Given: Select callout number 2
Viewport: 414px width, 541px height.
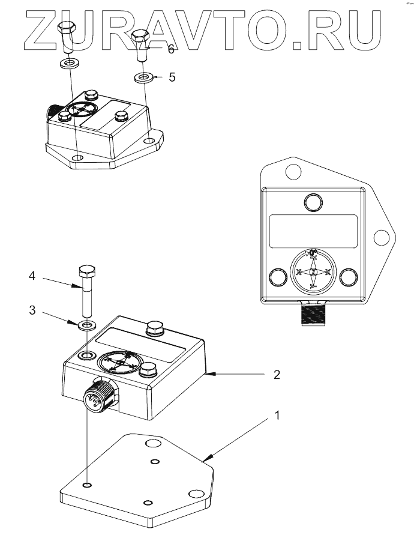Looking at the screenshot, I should (277, 375).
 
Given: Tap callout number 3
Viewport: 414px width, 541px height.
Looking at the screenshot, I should (33, 311).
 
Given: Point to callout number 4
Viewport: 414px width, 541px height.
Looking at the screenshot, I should (33, 277).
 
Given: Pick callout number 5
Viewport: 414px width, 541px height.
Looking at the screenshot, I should (172, 77).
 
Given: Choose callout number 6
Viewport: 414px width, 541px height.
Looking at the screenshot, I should (171, 49).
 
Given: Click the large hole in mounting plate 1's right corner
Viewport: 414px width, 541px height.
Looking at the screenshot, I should (195, 494).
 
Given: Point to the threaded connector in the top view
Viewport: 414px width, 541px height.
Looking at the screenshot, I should (312, 313).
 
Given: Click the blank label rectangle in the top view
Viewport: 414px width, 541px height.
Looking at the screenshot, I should (313, 231).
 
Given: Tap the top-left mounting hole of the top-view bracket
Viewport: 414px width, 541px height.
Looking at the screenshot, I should (292, 173).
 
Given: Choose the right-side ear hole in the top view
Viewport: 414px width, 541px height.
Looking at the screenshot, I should (379, 238).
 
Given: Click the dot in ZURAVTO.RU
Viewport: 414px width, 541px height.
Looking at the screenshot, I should (299, 44).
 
